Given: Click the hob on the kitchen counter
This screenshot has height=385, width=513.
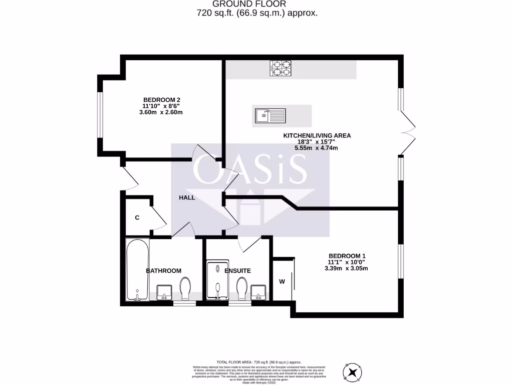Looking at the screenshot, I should coord(281,68).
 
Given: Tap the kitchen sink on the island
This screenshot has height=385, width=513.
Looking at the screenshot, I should coord(271,116).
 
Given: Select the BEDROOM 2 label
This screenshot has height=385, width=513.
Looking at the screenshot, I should coord(161,99).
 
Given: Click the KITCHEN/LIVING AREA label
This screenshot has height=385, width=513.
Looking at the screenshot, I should coord(317,135).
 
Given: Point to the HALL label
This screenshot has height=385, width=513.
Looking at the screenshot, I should coord(187,198).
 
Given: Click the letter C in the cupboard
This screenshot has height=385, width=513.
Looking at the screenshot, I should coord(137,218).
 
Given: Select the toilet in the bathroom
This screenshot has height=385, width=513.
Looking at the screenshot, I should coord(185,287).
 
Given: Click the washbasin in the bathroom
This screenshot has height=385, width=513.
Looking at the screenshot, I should coord(164,291).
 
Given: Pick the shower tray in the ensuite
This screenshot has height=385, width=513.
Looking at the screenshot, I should coord(218,279).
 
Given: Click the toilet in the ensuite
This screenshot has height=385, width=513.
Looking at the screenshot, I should coord(243,288).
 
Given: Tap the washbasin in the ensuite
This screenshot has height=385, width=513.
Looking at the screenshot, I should coord(259,291).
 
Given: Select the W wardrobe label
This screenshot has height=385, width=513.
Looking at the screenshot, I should coord(282,281).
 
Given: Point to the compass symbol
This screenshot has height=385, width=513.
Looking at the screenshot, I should coord(353,371).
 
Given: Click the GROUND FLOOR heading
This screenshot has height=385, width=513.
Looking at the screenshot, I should coord(256,4).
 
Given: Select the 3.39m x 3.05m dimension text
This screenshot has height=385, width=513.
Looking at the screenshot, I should coord(346,268).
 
